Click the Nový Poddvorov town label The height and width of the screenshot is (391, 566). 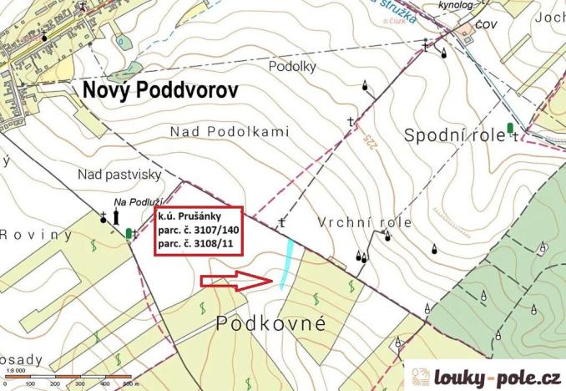(159, 91)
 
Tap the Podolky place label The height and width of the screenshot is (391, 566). (290, 65)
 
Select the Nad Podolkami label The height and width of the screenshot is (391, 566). (229, 131)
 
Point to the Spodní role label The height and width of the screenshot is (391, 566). (454, 135)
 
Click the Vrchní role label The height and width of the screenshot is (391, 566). (365, 222)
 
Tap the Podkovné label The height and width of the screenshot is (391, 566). (270, 323)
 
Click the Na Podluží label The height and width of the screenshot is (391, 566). (138, 201)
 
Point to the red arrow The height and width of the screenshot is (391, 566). (237, 282)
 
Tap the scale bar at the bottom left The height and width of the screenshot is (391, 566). (71, 378)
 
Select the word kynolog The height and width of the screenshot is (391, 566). (443, 5)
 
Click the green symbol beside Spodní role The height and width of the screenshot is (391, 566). (510, 128)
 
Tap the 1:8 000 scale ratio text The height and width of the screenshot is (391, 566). (14, 370)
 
